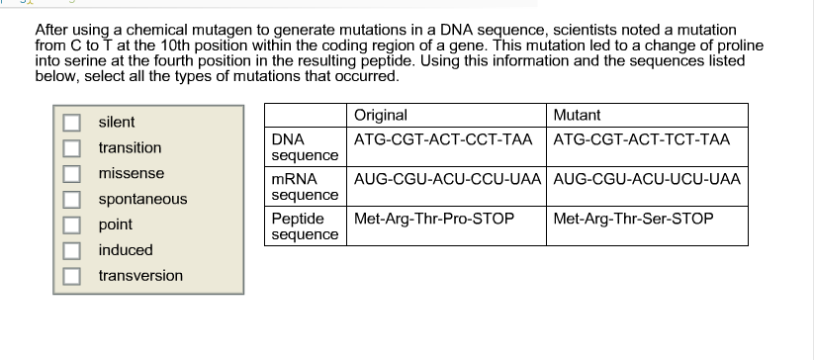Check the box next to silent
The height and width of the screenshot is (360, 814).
(71, 123)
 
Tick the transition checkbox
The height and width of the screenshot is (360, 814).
(71, 147)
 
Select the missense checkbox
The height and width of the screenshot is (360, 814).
(71, 173)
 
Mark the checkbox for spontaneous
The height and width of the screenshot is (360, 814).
(71, 199)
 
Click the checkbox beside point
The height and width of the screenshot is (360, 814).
(71, 225)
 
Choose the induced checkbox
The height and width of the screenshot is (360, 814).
(71, 250)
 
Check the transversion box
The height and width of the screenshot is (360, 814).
(71, 276)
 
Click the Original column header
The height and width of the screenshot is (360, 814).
(381, 115)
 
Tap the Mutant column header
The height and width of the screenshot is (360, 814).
(577, 115)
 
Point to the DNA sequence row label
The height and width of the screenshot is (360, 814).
(305, 147)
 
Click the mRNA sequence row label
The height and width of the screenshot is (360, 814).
(305, 187)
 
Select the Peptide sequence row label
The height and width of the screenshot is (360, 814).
(305, 226)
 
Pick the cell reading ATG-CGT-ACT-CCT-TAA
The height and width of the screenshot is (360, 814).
(443, 139)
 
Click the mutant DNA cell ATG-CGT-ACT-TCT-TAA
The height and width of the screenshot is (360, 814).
(642, 139)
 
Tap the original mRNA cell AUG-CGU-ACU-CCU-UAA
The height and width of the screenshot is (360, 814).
(447, 179)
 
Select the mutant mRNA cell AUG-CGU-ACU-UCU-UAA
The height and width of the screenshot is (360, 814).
(647, 179)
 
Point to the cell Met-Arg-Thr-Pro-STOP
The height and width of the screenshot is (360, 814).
(434, 219)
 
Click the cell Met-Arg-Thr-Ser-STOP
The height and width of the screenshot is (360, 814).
(633, 219)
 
